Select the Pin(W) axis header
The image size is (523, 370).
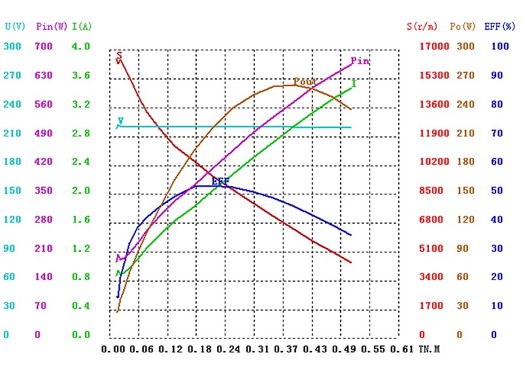click(52, 27)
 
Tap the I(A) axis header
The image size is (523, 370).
click(82, 27)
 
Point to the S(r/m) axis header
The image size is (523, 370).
click(422, 27)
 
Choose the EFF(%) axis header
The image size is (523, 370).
click(500, 27)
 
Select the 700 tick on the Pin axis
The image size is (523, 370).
click(43, 46)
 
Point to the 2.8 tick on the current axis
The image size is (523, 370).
click(81, 133)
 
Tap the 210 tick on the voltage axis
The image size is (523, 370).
click(12, 133)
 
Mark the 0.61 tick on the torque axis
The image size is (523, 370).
click(401, 350)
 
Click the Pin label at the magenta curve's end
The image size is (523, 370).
click(360, 61)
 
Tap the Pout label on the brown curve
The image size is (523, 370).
click(305, 82)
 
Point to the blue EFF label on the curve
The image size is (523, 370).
click(220, 181)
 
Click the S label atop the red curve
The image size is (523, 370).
click(119, 55)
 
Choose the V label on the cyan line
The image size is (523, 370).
click(120, 121)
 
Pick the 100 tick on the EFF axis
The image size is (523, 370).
click(499, 46)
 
